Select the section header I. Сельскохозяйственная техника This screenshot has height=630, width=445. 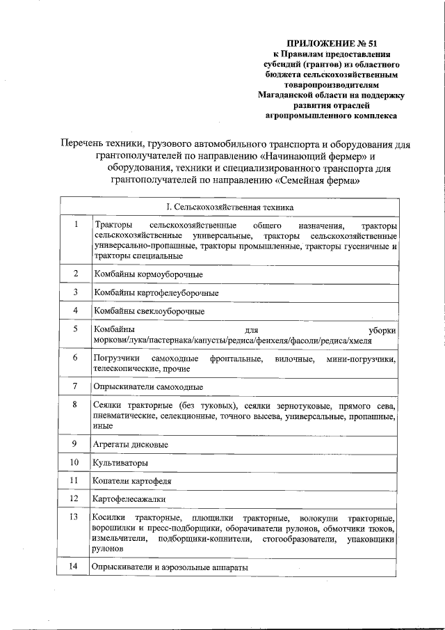click(x=229, y=207)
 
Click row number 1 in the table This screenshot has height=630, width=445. click(x=75, y=226)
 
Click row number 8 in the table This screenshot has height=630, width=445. click(x=75, y=404)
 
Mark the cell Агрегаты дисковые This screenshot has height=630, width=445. click(x=130, y=443)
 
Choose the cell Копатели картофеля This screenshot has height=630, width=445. click(x=132, y=481)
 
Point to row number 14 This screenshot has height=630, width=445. click(x=75, y=567)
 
